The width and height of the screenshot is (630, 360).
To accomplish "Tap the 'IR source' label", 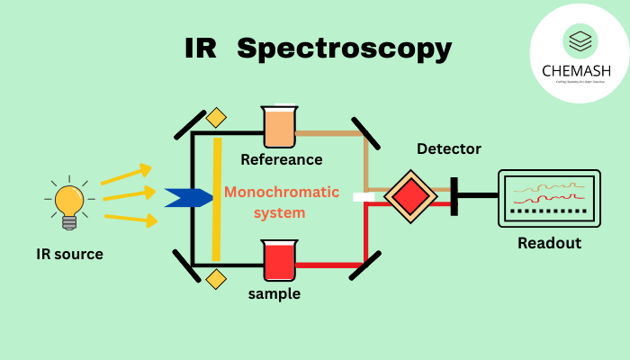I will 69,254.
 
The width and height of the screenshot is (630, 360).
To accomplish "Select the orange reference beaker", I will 279,128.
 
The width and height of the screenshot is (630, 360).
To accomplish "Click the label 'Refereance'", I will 281,159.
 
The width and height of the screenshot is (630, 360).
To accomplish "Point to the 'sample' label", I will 274,293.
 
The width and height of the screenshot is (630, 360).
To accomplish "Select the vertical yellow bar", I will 217,199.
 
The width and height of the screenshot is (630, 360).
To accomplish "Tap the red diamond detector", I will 409,194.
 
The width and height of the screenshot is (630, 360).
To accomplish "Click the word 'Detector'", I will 449,148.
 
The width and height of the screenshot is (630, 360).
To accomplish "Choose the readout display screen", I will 549,198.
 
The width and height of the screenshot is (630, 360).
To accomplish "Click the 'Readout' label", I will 549,243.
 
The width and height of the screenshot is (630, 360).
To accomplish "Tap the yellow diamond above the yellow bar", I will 216,118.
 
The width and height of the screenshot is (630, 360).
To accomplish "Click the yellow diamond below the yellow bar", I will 216,279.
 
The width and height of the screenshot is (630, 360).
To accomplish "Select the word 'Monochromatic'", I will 282,192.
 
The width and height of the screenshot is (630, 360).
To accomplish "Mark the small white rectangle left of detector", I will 364,196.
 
